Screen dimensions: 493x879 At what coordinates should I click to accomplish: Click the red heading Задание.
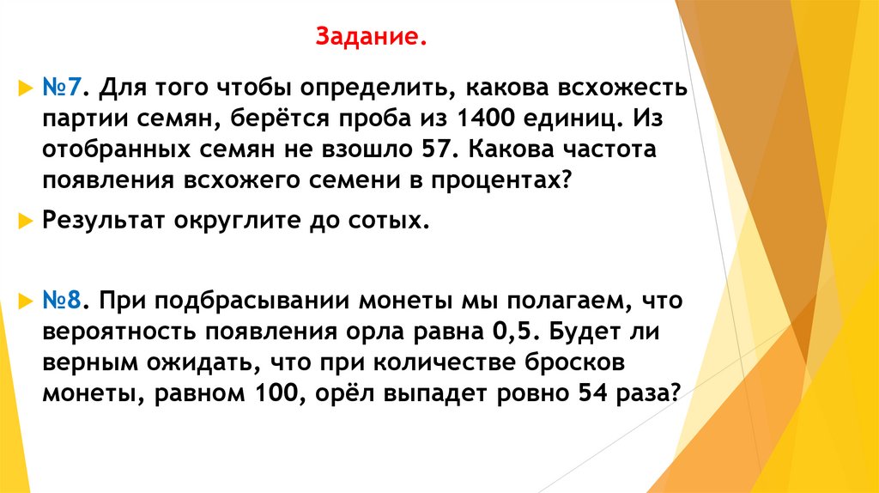pos(371,38)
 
